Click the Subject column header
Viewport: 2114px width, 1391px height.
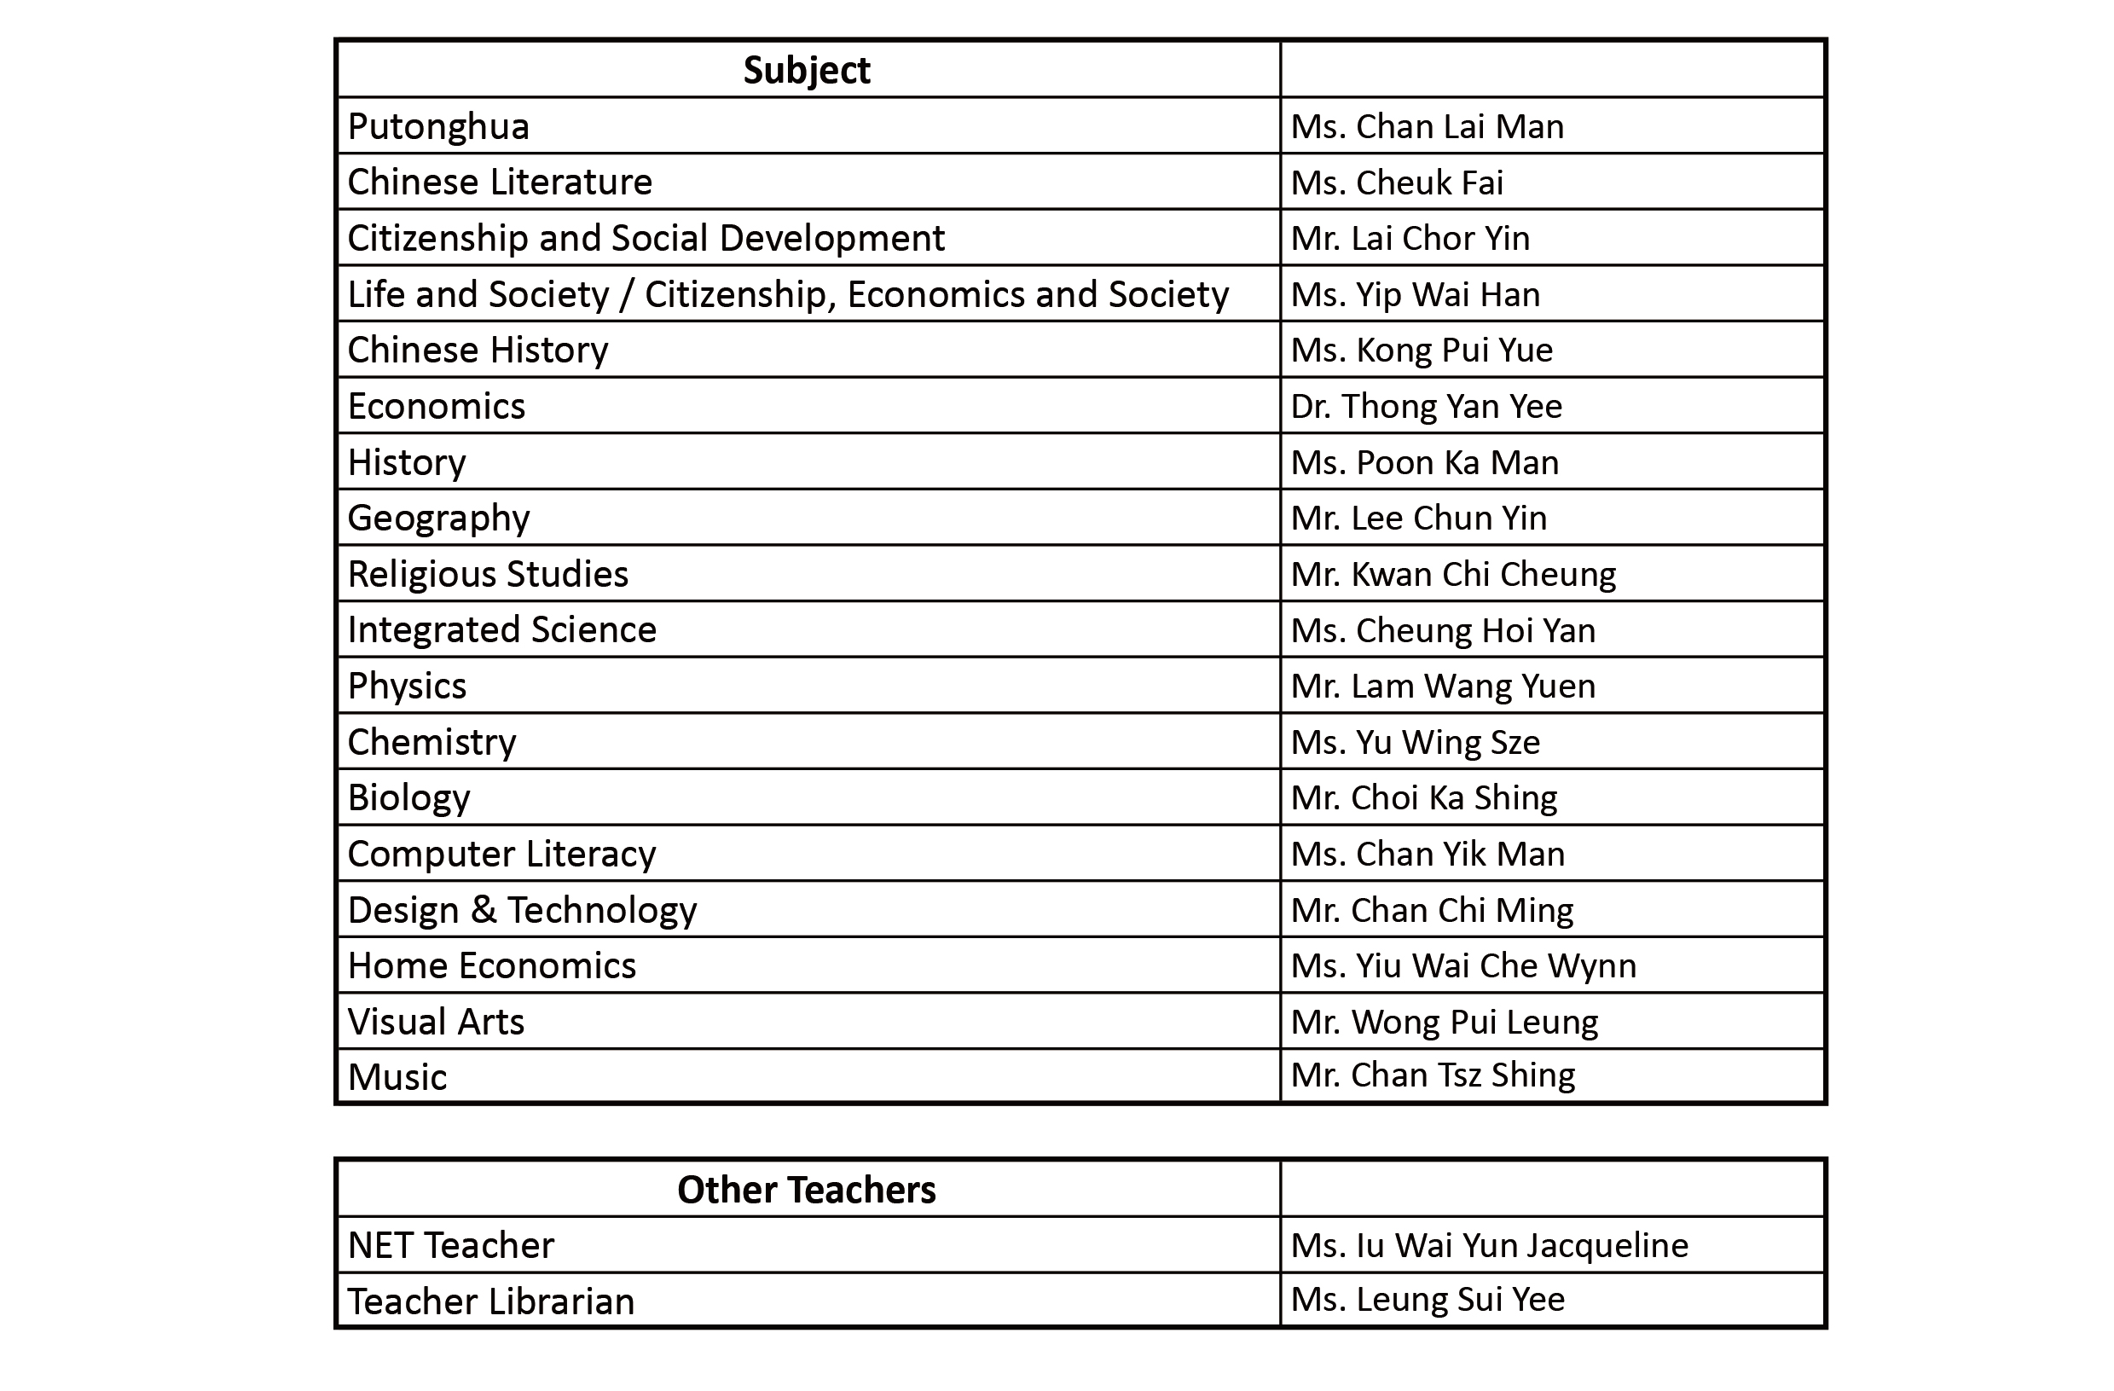click(x=807, y=70)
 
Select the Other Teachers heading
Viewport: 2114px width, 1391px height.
click(x=807, y=1190)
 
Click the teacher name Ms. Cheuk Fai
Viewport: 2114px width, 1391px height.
click(x=1396, y=183)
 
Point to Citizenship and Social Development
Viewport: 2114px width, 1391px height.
click(x=646, y=238)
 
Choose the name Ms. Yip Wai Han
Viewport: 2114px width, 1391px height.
click(x=1415, y=294)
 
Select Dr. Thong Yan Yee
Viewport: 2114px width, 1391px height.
click(x=1426, y=406)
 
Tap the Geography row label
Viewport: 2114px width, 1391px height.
click(x=439, y=518)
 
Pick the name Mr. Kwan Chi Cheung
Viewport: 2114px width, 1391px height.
click(x=1453, y=574)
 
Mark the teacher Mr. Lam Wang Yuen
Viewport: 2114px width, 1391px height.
click(x=1443, y=686)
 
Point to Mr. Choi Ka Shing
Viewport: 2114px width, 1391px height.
click(x=1424, y=797)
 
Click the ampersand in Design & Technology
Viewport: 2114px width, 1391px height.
click(x=484, y=910)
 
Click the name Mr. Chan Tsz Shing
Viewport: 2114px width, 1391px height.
click(x=1433, y=1075)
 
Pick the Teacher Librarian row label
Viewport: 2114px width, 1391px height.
click(x=491, y=1301)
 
